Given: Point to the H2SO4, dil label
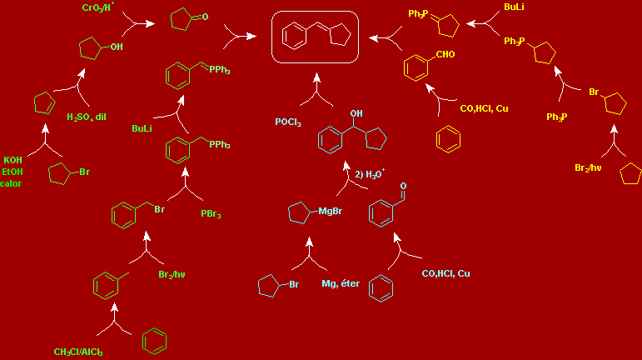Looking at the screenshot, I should click(87, 117).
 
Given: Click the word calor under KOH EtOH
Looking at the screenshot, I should click(11, 183).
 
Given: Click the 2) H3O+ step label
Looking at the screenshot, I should click(370, 174).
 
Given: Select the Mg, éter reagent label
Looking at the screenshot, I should click(340, 284).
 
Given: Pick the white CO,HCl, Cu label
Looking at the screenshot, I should click(445, 273).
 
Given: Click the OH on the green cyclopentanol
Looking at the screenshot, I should click(116, 47).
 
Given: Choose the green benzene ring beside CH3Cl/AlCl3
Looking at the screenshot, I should click(152, 340).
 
